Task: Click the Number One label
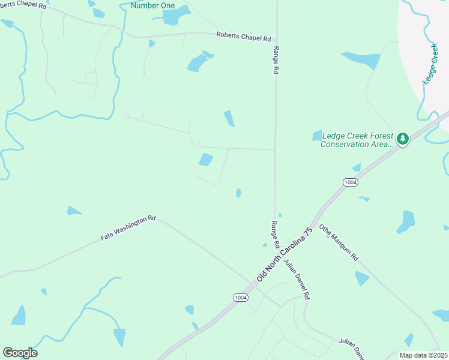pyautogui.click(x=152, y=6)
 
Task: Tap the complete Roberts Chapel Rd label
pyautogui.click(x=244, y=37)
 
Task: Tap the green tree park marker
pyautogui.click(x=403, y=139)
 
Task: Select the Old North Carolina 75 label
pyautogui.click(x=285, y=254)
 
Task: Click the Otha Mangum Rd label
pyautogui.click(x=339, y=242)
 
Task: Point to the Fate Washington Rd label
pyautogui.click(x=128, y=229)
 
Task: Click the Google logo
pyautogui.click(x=20, y=353)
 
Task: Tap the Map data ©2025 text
pyautogui.click(x=423, y=355)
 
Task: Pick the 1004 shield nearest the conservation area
pyautogui.click(x=351, y=182)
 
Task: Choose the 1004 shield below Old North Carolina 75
pyautogui.click(x=240, y=298)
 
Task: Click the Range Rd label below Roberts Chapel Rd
pyautogui.click(x=276, y=60)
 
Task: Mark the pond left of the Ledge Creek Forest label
pyautogui.click(x=317, y=136)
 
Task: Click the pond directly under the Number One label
pyautogui.click(x=172, y=17)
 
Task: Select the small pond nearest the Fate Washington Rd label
pyautogui.click(x=74, y=211)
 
